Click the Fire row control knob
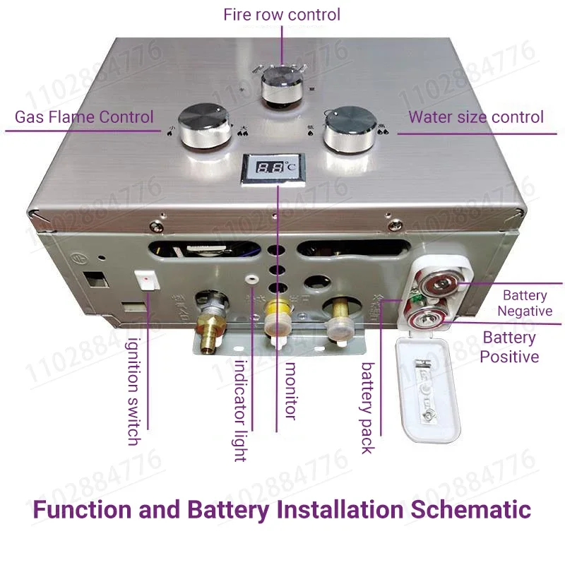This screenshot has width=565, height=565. coord(281,86)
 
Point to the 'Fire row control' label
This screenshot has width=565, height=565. coord(282,14)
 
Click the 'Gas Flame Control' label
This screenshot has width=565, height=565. coord(84,117)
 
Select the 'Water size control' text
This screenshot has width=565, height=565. coord(476,117)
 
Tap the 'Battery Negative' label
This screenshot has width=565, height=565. coord(525,303)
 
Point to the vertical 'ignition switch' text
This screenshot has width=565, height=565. coord(133,392)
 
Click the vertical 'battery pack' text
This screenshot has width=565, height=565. coord(368,408)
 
